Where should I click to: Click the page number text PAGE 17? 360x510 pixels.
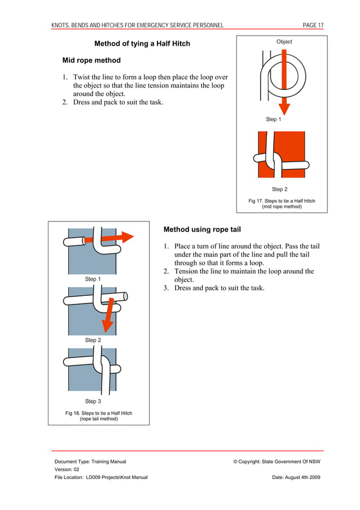[313, 25]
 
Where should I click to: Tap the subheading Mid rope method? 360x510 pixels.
[91, 60]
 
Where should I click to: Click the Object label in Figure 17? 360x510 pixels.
[284, 42]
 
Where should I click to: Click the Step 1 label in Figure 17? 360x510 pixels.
[273, 119]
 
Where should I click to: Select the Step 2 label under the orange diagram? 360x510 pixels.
[279, 189]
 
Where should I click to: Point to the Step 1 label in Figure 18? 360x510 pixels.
[93, 279]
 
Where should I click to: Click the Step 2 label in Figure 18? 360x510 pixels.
[93, 340]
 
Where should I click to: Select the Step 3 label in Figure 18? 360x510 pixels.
[93, 401]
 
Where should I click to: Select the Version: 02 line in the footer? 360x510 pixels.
[67, 469]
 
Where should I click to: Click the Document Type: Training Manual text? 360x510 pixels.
[86, 461]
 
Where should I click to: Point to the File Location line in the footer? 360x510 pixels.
[101, 477]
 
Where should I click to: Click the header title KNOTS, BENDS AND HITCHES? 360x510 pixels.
[137, 25]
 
